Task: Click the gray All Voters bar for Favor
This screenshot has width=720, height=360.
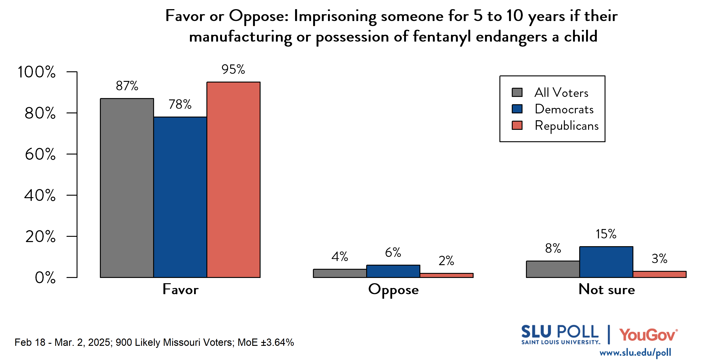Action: pos(127,188)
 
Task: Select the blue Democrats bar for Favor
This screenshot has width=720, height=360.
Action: pos(180,197)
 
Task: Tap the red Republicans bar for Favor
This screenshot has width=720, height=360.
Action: pos(233,180)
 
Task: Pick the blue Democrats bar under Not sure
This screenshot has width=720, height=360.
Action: pos(606,262)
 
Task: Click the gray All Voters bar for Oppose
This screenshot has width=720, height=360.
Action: pos(340,273)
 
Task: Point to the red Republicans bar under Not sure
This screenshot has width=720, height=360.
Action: pos(659,274)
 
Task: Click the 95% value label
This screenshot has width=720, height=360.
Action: pos(233,69)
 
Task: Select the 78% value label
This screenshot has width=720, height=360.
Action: pos(180,104)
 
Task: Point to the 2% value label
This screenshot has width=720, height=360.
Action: pos(446,261)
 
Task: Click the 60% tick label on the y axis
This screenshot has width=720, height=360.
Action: pos(40,154)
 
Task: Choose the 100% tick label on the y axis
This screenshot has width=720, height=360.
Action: pos(36,72)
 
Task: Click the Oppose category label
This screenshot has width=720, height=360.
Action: pos(393,290)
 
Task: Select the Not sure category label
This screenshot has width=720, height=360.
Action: pos(607,289)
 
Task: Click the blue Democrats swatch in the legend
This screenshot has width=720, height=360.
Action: pos(517,109)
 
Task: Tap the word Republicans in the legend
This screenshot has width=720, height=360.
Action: pos(567,125)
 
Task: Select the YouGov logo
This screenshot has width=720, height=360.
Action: pos(648,335)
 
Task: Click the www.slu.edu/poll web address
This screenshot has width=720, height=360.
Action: pos(635,352)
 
